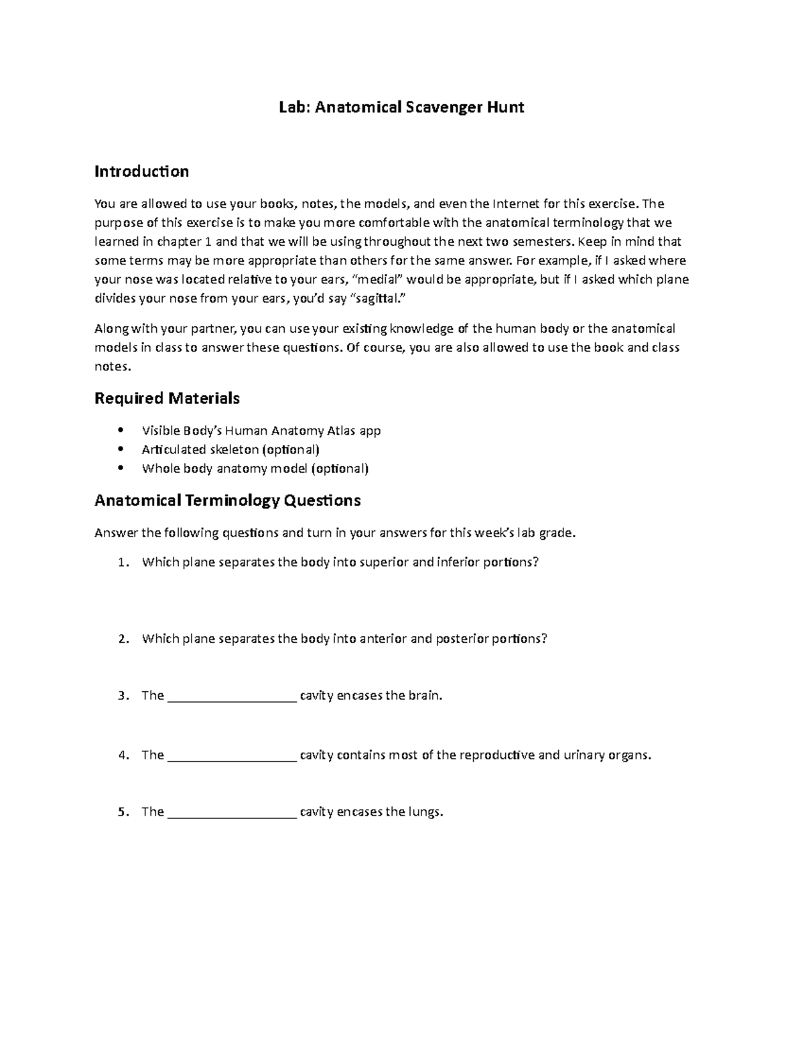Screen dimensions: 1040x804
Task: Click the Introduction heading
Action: pyautogui.click(x=141, y=172)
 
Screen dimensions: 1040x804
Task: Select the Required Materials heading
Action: pyautogui.click(x=167, y=398)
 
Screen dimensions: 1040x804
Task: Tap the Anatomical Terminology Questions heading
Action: pyautogui.click(x=228, y=500)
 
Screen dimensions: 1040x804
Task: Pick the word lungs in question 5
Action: pyautogui.click(x=427, y=812)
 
